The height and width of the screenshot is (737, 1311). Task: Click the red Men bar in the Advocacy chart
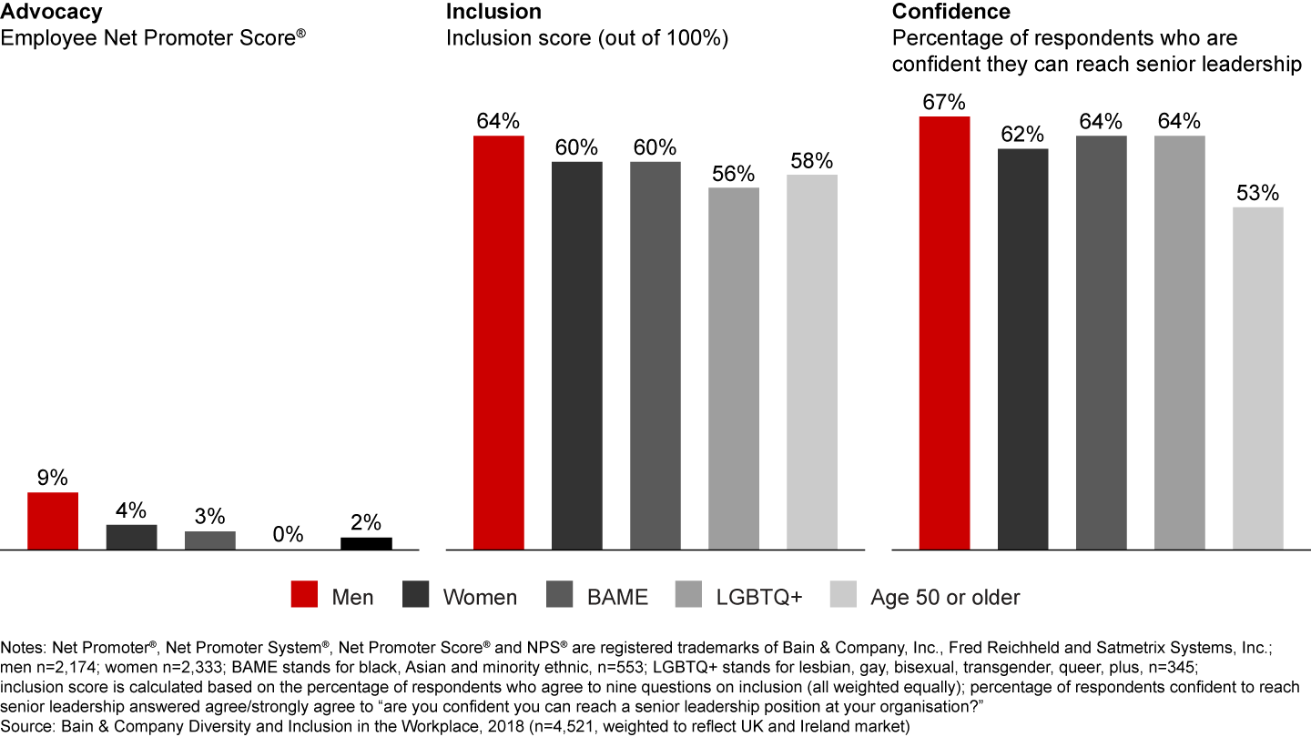pyautogui.click(x=53, y=520)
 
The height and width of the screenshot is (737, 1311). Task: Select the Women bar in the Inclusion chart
pyautogui.click(x=577, y=355)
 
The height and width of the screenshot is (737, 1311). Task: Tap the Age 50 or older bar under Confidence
pyautogui.click(x=1258, y=378)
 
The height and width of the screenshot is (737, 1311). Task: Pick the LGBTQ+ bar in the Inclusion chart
pyautogui.click(x=734, y=368)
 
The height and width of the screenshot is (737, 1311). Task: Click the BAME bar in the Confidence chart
pyautogui.click(x=1102, y=342)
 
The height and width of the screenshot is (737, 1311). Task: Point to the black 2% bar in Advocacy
pyautogui.click(x=366, y=543)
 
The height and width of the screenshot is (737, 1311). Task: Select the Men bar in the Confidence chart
pyautogui.click(x=945, y=332)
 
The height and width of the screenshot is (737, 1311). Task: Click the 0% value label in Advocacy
pyautogui.click(x=288, y=535)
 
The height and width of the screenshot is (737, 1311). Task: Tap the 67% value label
pyautogui.click(x=945, y=102)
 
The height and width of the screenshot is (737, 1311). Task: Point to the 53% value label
pyautogui.click(x=1258, y=193)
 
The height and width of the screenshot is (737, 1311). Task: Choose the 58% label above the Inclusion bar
pyautogui.click(x=811, y=160)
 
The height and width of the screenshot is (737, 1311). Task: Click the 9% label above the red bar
pyautogui.click(x=53, y=478)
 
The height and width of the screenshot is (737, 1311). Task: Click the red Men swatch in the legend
pyautogui.click(x=303, y=597)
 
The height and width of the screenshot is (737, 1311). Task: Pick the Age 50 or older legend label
pyautogui.click(x=945, y=597)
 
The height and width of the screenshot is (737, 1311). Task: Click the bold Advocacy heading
pyautogui.click(x=51, y=12)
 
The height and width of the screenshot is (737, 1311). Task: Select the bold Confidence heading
pyautogui.click(x=951, y=12)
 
